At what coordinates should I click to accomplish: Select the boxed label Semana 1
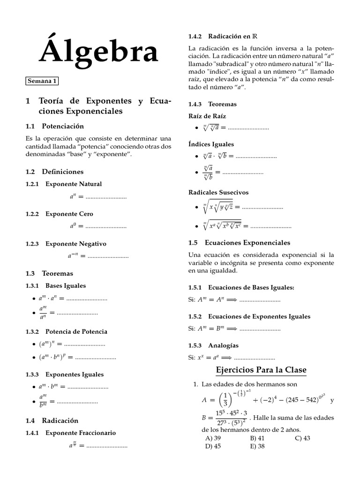click(x=42, y=81)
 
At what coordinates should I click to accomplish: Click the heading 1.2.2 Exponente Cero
click(x=59, y=214)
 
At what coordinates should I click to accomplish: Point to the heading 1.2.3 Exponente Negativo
click(x=66, y=244)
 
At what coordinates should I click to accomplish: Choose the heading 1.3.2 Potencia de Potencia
click(x=66, y=331)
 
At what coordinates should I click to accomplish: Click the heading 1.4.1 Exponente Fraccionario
click(x=70, y=433)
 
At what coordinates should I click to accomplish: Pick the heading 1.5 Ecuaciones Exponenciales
click(x=239, y=243)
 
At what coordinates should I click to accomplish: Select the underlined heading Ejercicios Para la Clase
click(x=261, y=370)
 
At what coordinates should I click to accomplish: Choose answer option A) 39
click(x=213, y=438)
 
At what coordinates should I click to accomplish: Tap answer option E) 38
click(x=257, y=446)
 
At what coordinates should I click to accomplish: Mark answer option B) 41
click(x=257, y=438)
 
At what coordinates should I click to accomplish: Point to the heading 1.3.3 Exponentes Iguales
click(x=65, y=375)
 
